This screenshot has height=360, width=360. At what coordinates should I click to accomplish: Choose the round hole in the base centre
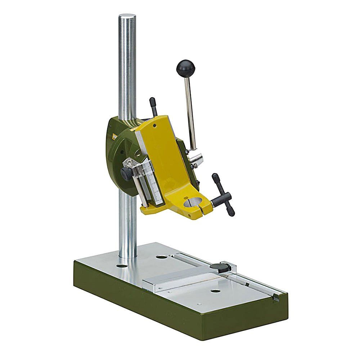click(x=215, y=291)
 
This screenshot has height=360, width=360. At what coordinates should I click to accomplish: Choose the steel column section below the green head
click(x=128, y=223)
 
